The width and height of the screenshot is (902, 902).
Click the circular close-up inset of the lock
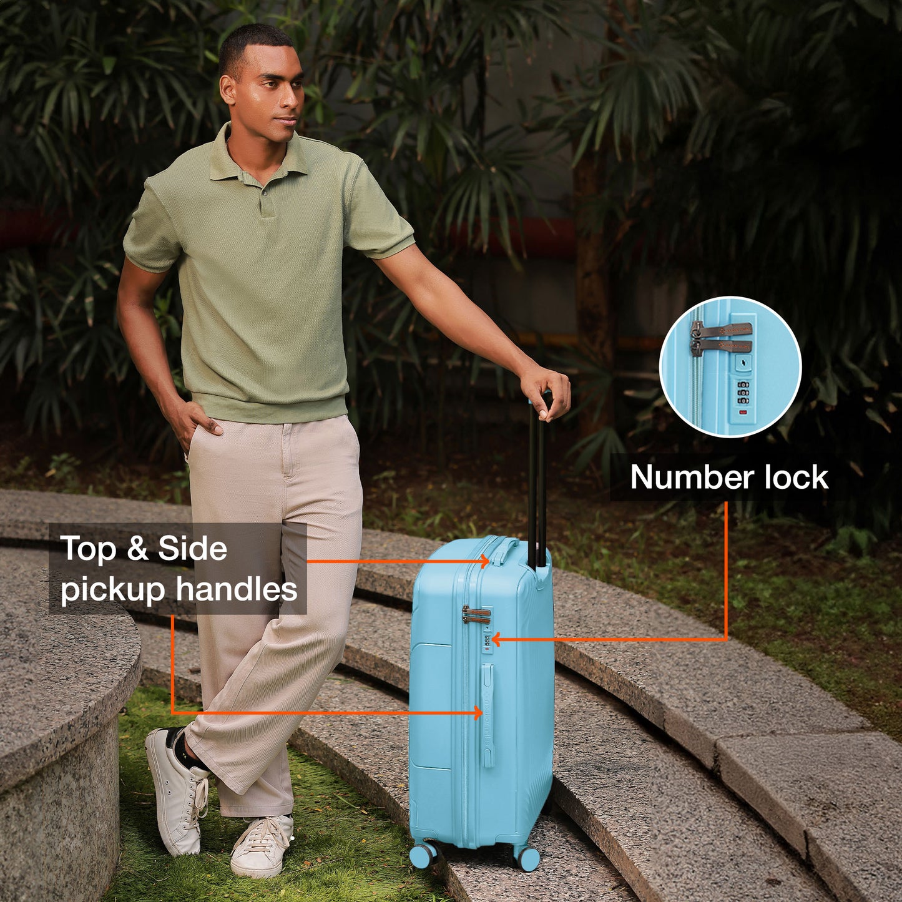730,366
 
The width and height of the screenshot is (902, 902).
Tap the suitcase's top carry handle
505,549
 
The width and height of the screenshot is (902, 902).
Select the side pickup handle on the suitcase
488,715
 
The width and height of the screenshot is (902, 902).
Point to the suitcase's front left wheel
423,855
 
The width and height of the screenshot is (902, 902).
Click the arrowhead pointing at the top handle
485,561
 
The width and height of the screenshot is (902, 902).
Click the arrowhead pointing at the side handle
477,712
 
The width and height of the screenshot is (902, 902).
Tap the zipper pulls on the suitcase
476,614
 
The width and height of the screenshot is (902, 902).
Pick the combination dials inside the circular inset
743,393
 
